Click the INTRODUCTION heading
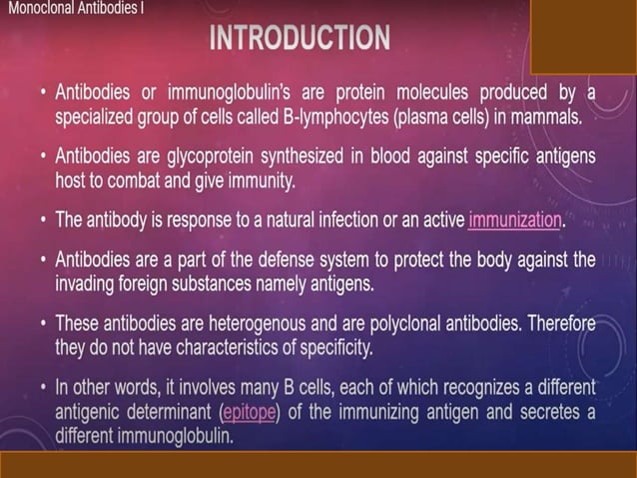point(300,39)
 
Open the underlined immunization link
point(514,219)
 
